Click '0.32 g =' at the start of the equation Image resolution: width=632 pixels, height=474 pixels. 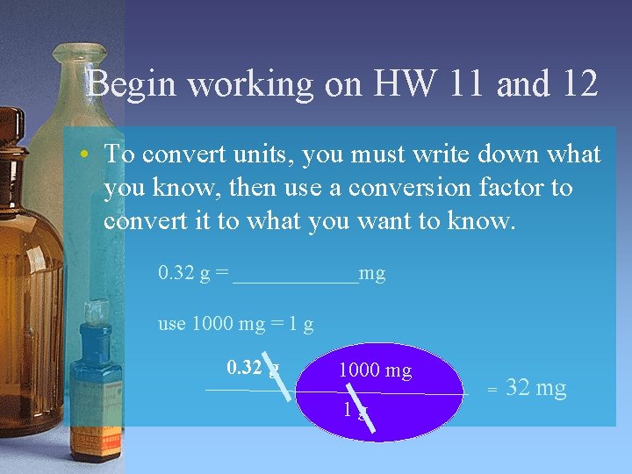[193, 275]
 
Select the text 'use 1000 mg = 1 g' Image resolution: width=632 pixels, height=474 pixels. [236, 324]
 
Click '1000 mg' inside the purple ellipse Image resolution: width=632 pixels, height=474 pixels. [375, 371]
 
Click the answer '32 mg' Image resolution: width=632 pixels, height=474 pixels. [536, 388]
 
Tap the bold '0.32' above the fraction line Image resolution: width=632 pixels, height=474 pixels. [245, 367]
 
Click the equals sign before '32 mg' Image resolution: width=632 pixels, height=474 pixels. [492, 389]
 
